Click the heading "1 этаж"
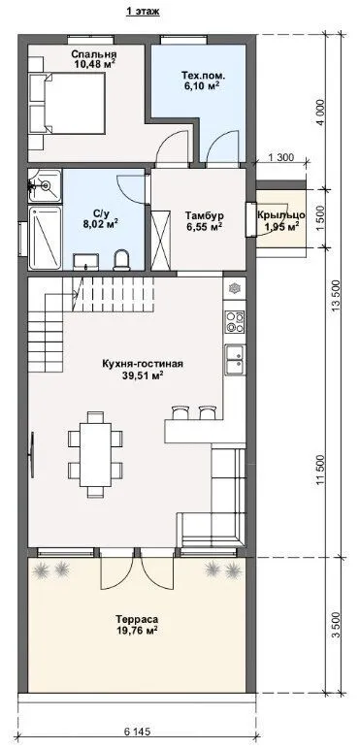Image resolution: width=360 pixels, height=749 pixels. pyautogui.click(x=143, y=13)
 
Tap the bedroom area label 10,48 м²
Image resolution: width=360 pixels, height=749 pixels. pyautogui.click(x=94, y=63)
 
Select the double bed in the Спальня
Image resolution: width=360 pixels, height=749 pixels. pyautogui.click(x=67, y=103)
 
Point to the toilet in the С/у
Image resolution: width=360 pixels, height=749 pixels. pyautogui.click(x=122, y=259)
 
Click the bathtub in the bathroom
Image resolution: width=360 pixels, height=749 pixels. pyautogui.click(x=46, y=238)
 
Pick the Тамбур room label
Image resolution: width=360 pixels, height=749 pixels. pyautogui.click(x=205, y=216)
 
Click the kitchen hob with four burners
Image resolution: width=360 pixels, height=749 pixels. pyautogui.click(x=235, y=321)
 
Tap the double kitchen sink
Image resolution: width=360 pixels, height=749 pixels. pyautogui.click(x=235, y=359)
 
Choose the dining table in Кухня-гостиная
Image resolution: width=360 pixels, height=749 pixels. pyautogui.click(x=95, y=455)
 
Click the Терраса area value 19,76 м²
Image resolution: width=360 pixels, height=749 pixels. pyautogui.click(x=136, y=631)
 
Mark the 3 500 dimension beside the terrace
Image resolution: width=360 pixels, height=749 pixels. pyautogui.click(x=335, y=624)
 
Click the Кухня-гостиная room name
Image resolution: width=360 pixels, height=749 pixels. pyautogui.click(x=143, y=364)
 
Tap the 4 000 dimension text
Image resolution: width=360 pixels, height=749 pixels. pyautogui.click(x=321, y=114)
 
